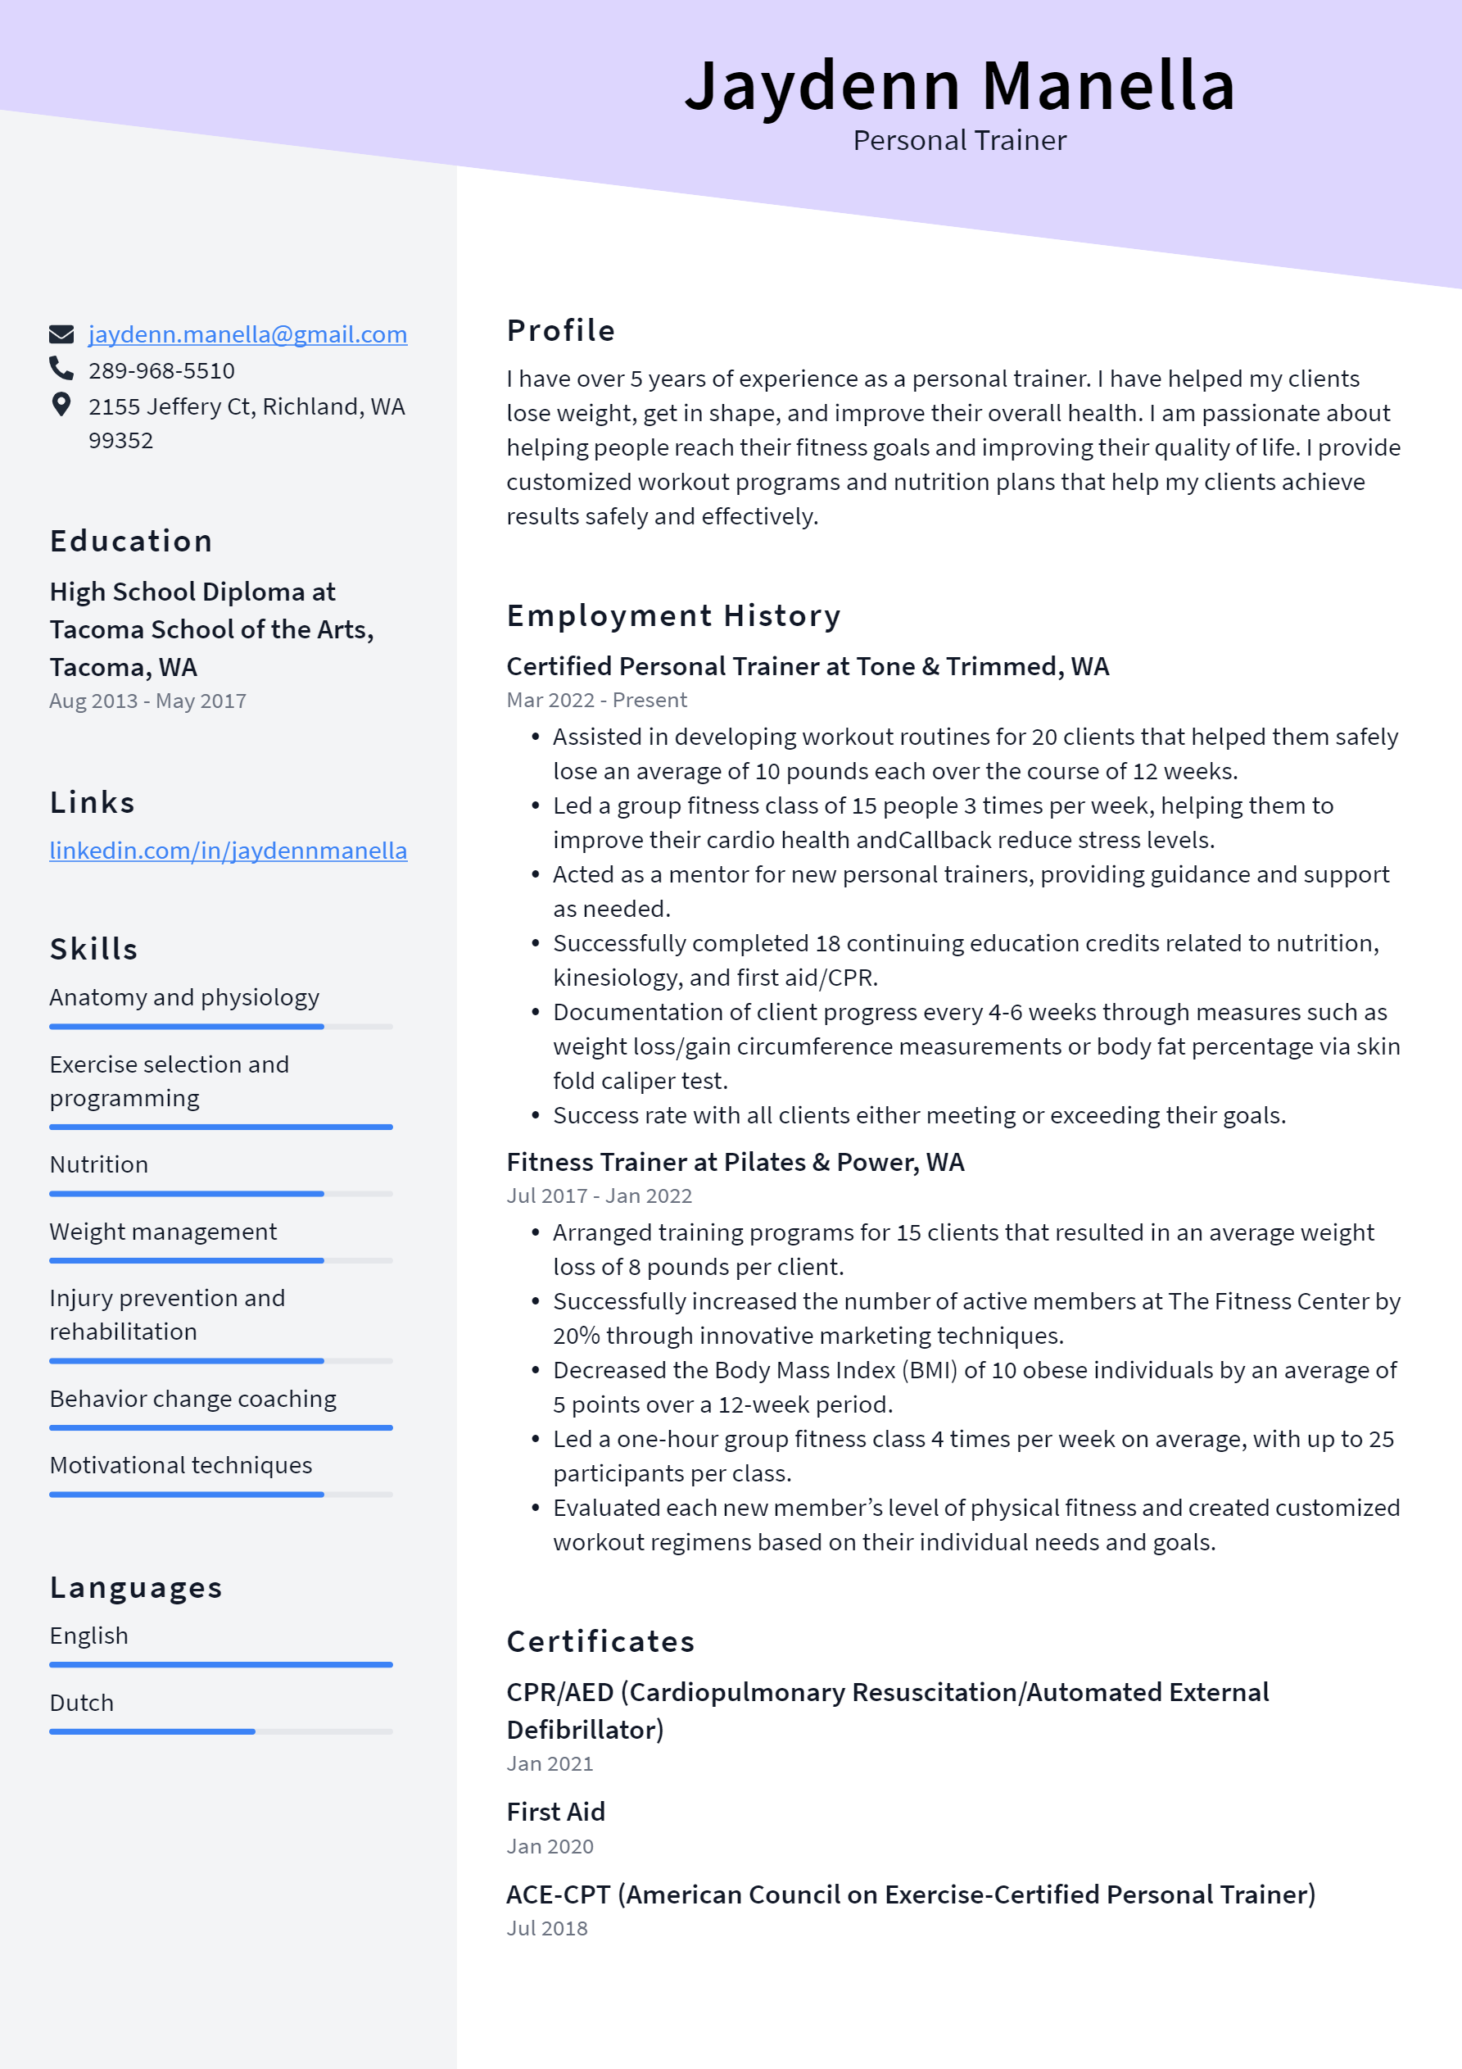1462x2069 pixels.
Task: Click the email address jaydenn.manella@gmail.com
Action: click(x=247, y=334)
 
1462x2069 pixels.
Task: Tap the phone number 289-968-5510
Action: click(x=161, y=370)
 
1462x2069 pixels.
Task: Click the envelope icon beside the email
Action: click(x=61, y=334)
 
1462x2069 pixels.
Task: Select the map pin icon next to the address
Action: click(x=61, y=405)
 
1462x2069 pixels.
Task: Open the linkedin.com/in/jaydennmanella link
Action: click(x=228, y=851)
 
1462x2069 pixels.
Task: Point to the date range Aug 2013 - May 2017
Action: click(x=147, y=701)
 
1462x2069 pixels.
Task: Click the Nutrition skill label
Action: click(x=99, y=1164)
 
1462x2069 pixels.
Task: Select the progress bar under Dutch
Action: click(x=220, y=1731)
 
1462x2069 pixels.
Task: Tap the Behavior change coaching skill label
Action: click(x=192, y=1399)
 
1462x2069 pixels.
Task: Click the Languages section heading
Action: click(x=136, y=1587)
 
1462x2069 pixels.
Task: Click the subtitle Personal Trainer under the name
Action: click(x=959, y=141)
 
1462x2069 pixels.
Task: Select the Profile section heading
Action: click(x=560, y=331)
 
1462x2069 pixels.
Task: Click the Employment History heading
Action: click(x=673, y=615)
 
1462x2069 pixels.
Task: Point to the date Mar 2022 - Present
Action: click(x=596, y=700)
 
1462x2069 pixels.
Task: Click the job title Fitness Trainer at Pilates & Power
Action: click(x=735, y=1163)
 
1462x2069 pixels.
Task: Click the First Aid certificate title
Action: click(x=556, y=1813)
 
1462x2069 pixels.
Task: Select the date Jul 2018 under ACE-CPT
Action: click(x=547, y=1928)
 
